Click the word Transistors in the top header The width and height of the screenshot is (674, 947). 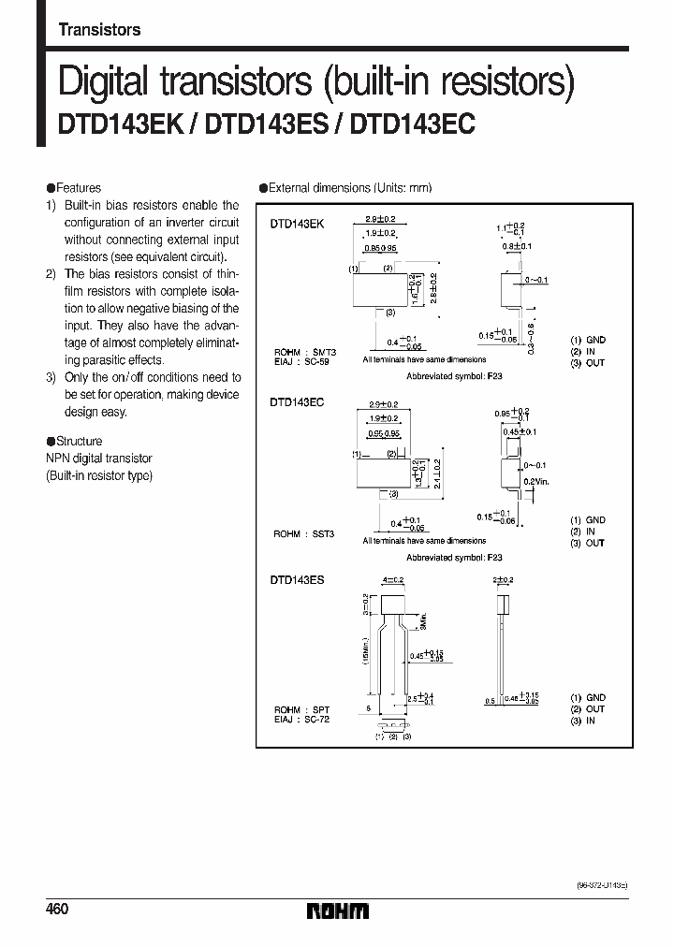(99, 30)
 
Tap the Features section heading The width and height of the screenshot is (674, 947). (78, 188)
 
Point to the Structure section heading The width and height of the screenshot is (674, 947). (79, 441)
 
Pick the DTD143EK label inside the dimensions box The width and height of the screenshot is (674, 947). (297, 225)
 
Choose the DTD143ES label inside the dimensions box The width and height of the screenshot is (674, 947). (297, 580)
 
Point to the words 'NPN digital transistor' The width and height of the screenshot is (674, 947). (98, 459)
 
